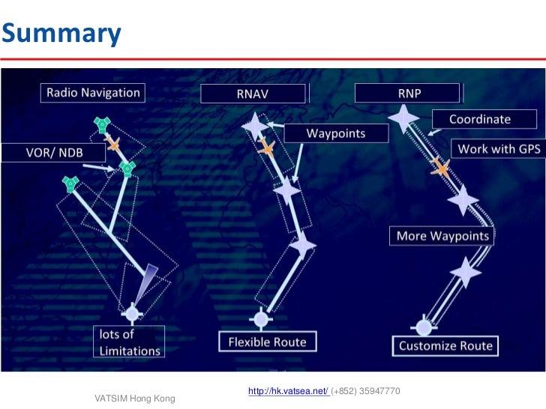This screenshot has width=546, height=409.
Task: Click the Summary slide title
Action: pos(61,33)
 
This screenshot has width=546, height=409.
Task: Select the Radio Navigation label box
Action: pos(93,93)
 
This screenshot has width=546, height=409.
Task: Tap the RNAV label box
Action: pos(253,94)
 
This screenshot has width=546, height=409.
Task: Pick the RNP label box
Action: pos(407,93)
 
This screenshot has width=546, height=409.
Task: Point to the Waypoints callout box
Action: pos(335,133)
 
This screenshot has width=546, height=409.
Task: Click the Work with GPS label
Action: pos(498,149)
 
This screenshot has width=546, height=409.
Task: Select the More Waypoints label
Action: pos(442,237)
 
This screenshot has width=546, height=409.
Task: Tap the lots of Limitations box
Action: pos(130,342)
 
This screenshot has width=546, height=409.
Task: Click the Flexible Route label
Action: pos(267,342)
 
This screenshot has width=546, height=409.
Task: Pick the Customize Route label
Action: pos(445,345)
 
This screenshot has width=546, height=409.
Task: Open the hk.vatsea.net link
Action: pos(287,391)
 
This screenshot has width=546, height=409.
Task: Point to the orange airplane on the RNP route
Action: pos(441,169)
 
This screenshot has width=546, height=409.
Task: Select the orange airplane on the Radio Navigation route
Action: pos(114,144)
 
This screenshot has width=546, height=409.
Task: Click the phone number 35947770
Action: pos(380,391)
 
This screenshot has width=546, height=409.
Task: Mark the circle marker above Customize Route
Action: pos(424,327)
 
